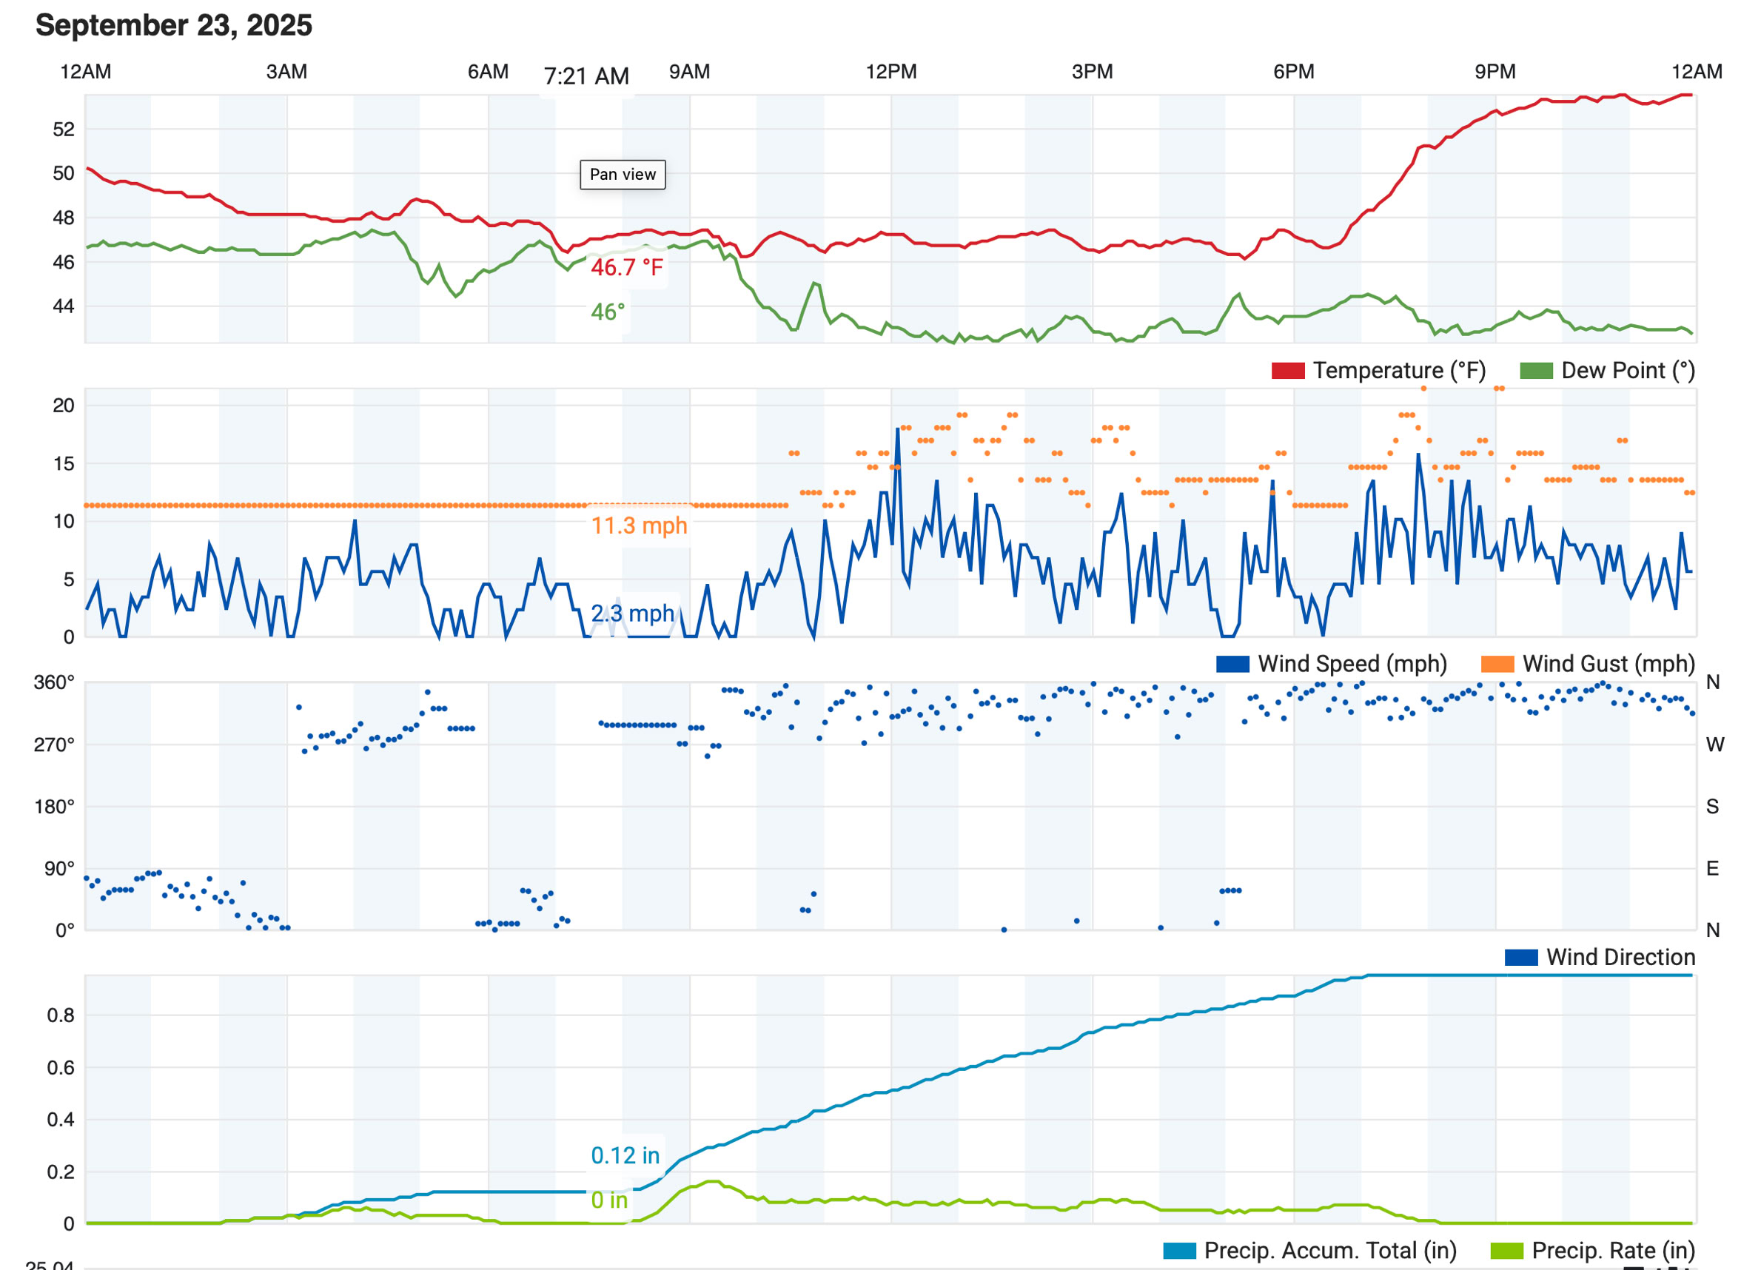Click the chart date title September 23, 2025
pyautogui.click(x=174, y=25)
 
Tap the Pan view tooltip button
pyautogui.click(x=622, y=175)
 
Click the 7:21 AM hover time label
pyautogui.click(x=586, y=76)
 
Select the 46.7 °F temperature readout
pyautogui.click(x=626, y=267)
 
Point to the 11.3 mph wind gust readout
pyautogui.click(x=638, y=525)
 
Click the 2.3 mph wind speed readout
pyautogui.click(x=631, y=614)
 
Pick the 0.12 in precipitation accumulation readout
pyautogui.click(x=625, y=1155)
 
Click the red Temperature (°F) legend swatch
pyautogui.click(x=1288, y=371)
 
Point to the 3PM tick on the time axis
pyautogui.click(x=1092, y=73)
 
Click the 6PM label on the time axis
pyautogui.click(x=1293, y=73)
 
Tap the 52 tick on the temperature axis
pyautogui.click(x=63, y=130)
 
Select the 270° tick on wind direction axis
pyautogui.click(x=54, y=745)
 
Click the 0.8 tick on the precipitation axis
pyautogui.click(x=60, y=1015)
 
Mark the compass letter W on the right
pyautogui.click(x=1714, y=745)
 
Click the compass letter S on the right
pyautogui.click(x=1712, y=807)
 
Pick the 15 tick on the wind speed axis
pyautogui.click(x=63, y=463)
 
